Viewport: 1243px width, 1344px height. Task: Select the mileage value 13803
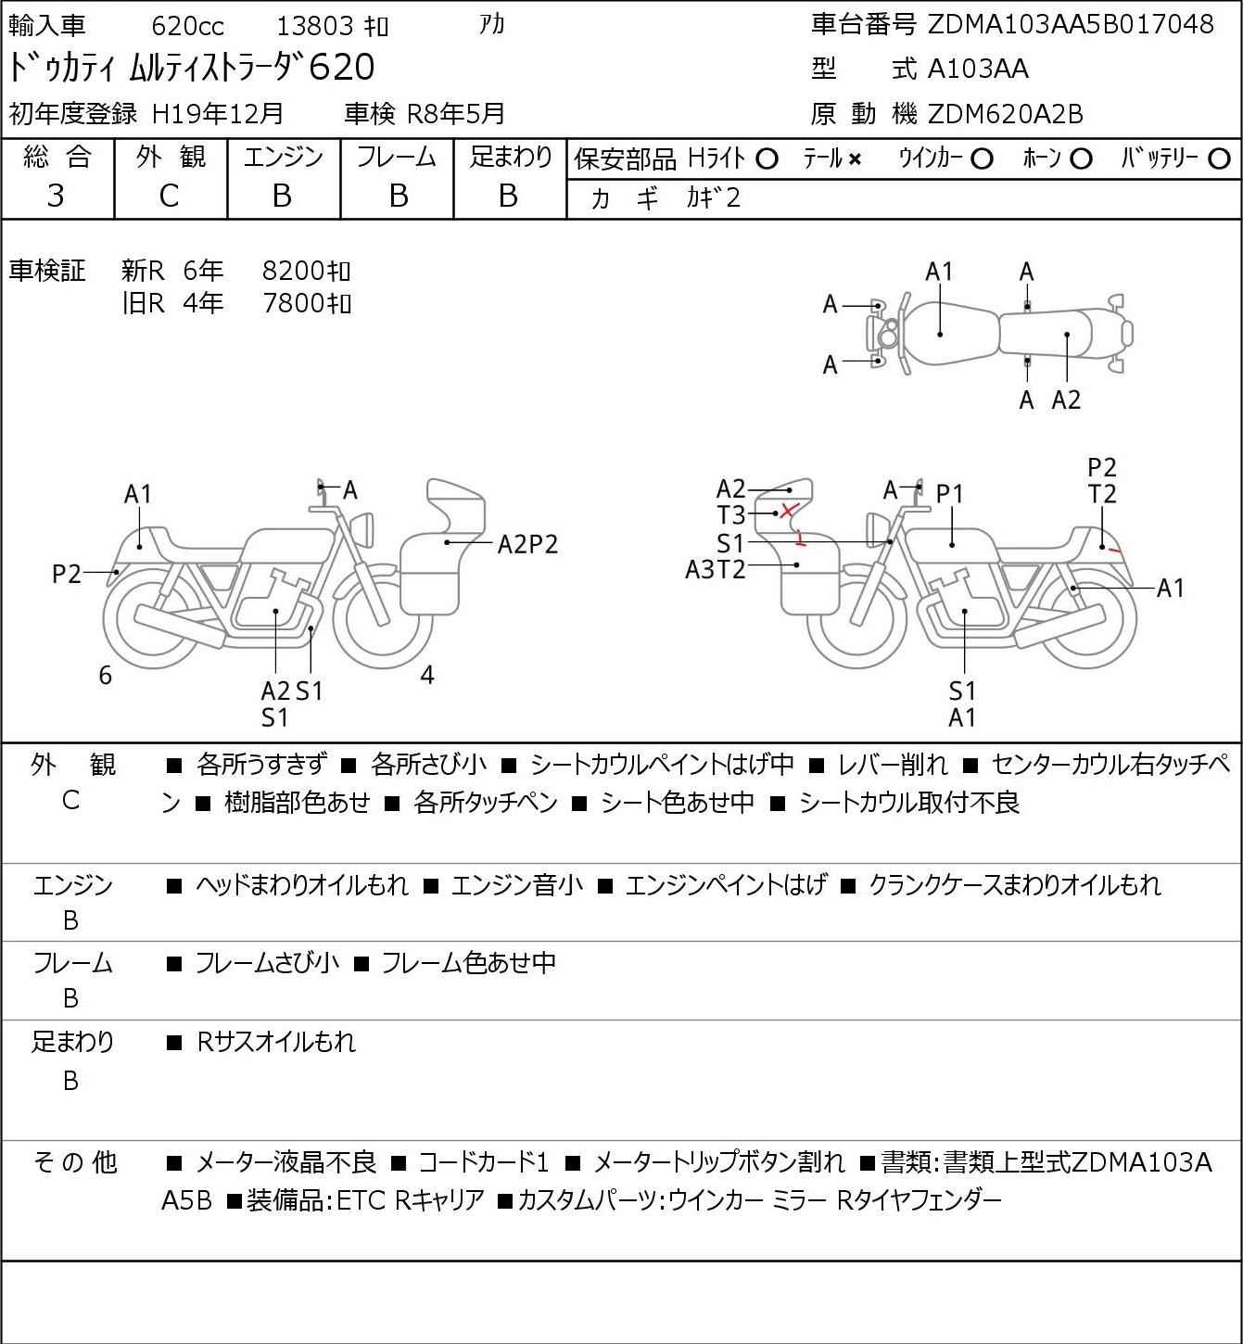point(315,26)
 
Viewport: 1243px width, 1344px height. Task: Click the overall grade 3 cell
point(57,196)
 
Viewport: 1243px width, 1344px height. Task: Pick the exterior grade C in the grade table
point(169,196)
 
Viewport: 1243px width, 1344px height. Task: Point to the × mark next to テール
point(855,159)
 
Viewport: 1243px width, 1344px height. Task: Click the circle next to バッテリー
point(1220,159)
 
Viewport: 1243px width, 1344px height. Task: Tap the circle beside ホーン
point(1081,159)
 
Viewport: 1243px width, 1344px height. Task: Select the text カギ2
point(714,198)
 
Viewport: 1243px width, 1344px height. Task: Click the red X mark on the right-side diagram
point(789,510)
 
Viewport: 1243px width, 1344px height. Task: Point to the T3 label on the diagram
point(730,514)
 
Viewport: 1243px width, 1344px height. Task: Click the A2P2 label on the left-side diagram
point(527,544)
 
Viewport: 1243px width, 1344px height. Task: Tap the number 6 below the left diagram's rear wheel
point(106,676)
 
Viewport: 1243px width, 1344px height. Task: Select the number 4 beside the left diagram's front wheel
point(427,676)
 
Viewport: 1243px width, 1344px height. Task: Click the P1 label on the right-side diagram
point(950,495)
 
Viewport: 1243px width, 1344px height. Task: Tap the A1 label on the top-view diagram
point(939,272)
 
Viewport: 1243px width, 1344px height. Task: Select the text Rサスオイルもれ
point(276,1042)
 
